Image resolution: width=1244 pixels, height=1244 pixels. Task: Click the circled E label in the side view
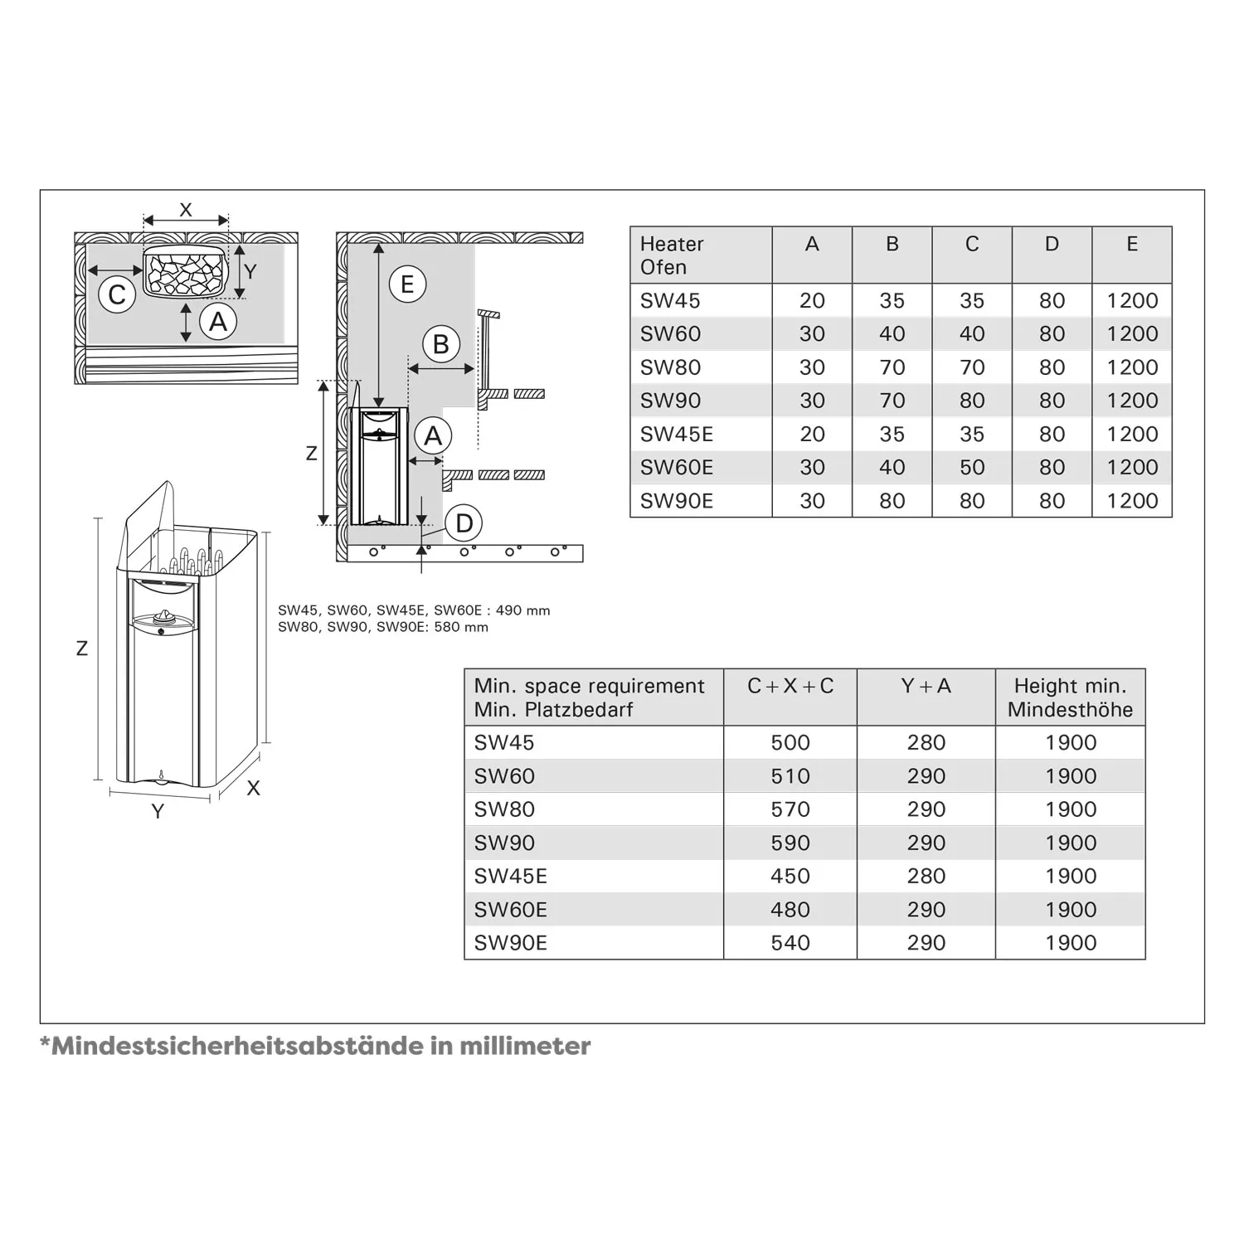[407, 284]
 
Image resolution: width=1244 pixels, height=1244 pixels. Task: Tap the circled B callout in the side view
[441, 343]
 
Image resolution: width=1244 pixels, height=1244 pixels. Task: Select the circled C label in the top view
[117, 294]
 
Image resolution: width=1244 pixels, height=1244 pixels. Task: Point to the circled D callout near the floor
[464, 523]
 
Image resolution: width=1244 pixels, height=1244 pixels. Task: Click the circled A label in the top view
[218, 322]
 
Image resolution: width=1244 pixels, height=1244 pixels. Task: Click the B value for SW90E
[892, 501]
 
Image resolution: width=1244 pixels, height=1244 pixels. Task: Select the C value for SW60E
[971, 468]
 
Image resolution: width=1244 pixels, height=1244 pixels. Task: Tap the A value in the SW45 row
[811, 301]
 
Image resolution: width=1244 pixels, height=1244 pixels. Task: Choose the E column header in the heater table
[1131, 245]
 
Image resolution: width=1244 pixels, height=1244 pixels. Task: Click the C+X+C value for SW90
[790, 843]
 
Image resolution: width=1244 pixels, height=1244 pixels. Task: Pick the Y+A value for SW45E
[926, 877]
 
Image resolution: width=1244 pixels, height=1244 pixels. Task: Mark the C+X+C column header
[790, 687]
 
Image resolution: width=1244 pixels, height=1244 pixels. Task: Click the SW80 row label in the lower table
[504, 809]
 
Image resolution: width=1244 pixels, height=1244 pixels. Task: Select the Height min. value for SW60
[1070, 776]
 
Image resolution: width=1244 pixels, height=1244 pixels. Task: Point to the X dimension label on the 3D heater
[254, 789]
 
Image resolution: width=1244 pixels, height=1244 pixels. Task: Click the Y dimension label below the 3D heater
[158, 811]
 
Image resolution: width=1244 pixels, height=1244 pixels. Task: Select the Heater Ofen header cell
[672, 255]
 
